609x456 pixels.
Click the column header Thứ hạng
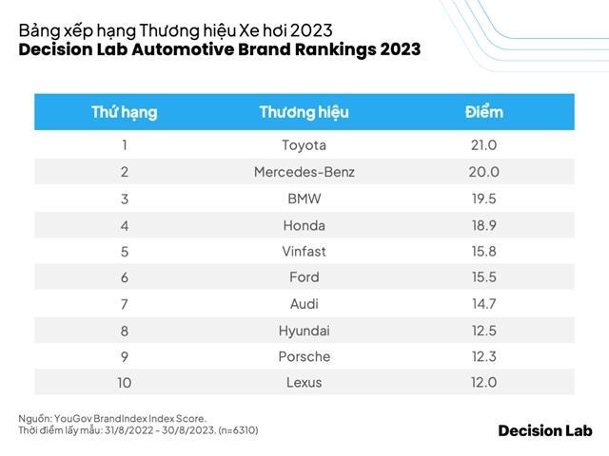coord(124,112)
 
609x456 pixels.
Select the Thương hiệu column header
coord(304,112)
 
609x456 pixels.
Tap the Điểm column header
coord(483,112)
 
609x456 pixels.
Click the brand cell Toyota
coord(304,145)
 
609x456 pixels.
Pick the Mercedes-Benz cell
coord(304,172)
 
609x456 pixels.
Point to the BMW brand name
coord(304,199)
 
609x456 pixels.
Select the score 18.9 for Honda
coord(483,225)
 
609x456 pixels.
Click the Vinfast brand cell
coord(304,252)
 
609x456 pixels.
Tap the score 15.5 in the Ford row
coord(483,277)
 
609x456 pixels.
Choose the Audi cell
coord(304,304)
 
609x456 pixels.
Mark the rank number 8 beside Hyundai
coord(124,331)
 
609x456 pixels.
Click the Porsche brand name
coord(304,356)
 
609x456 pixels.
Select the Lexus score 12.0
coord(483,383)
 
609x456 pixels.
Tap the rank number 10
coord(124,383)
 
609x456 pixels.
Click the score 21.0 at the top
coord(483,145)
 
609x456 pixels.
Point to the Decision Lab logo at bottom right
coord(544,430)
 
